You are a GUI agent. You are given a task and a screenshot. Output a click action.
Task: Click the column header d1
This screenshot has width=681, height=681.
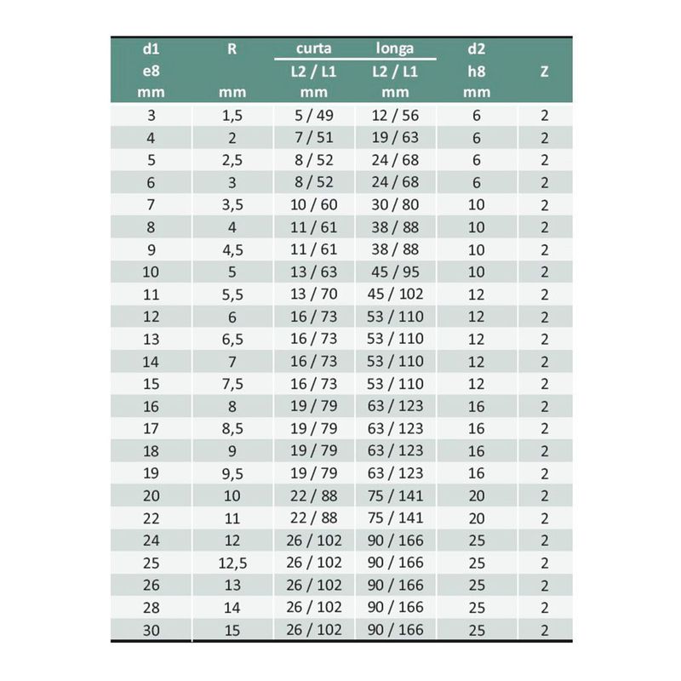click(152, 49)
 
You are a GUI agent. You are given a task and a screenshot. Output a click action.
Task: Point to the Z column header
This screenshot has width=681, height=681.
click(544, 72)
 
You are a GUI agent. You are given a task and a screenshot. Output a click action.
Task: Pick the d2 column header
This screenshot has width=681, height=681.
click(477, 49)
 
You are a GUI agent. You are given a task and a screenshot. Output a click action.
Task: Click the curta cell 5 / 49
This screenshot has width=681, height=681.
click(312, 115)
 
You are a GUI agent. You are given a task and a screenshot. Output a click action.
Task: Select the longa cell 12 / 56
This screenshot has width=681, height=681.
click(395, 115)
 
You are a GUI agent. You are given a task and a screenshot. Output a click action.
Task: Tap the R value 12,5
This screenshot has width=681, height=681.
click(232, 563)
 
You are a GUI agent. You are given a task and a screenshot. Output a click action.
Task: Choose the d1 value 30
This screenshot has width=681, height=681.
click(152, 630)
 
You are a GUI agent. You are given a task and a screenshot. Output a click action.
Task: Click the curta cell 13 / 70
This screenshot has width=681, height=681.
click(312, 295)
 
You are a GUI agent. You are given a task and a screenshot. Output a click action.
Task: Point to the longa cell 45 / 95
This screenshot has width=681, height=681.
click(395, 272)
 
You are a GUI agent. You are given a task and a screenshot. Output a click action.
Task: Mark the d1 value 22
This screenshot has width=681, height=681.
click(152, 518)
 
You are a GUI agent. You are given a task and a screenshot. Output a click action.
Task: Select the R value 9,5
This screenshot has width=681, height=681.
click(232, 473)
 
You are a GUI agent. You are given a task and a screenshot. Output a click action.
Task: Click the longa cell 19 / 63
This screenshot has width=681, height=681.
click(395, 137)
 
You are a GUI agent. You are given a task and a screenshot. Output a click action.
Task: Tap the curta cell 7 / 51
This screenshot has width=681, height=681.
click(312, 137)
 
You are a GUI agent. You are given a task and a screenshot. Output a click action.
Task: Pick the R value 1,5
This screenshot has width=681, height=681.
click(232, 115)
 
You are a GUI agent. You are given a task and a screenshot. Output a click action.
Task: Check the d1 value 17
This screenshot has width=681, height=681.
click(152, 428)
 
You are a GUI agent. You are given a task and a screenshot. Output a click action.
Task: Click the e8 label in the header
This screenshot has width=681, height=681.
click(152, 72)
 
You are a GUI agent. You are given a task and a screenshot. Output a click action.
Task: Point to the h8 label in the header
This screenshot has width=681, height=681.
click(477, 72)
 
